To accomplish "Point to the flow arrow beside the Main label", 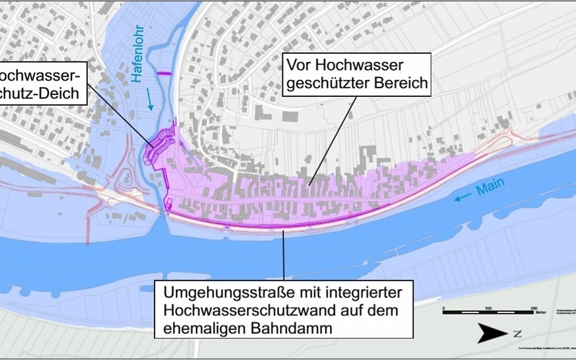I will (463, 197).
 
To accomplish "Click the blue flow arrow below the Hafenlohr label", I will (152, 101).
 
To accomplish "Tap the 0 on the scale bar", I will (444, 308).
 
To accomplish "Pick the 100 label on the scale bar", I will (488, 308).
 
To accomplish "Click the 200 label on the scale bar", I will (533, 308).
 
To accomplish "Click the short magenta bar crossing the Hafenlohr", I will (164, 73).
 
